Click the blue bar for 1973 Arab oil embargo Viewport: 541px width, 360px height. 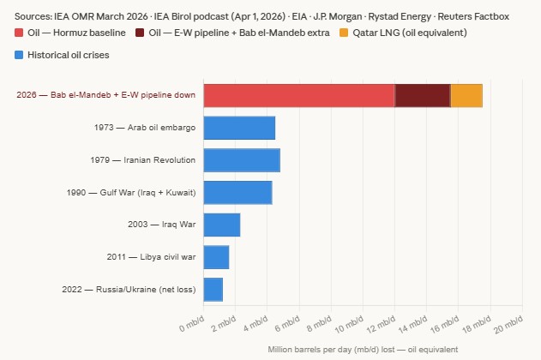(x=239, y=128)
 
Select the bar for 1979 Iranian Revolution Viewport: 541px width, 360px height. (x=242, y=160)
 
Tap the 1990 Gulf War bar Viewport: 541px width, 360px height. (x=237, y=193)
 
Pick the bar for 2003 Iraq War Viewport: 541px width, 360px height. (x=221, y=225)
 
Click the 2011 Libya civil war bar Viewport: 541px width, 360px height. (x=216, y=257)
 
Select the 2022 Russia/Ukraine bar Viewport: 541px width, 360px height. (x=213, y=290)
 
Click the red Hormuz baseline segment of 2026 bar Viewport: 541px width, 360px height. (x=298, y=95)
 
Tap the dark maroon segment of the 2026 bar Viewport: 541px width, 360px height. (x=422, y=95)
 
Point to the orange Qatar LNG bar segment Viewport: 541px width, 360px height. (x=466, y=95)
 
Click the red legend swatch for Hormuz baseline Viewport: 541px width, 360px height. (x=21, y=33)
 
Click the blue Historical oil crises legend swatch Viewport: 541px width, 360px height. (x=21, y=55)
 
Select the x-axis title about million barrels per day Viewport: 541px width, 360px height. (x=363, y=350)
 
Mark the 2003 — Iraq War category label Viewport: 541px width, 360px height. (x=160, y=225)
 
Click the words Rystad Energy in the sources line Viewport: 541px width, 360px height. (x=402, y=15)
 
